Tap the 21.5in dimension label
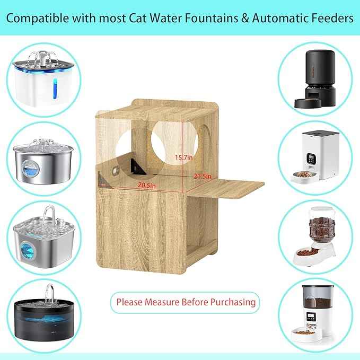click(203, 175)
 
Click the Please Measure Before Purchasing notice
click(185, 302)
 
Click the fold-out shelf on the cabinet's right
click(225, 186)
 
